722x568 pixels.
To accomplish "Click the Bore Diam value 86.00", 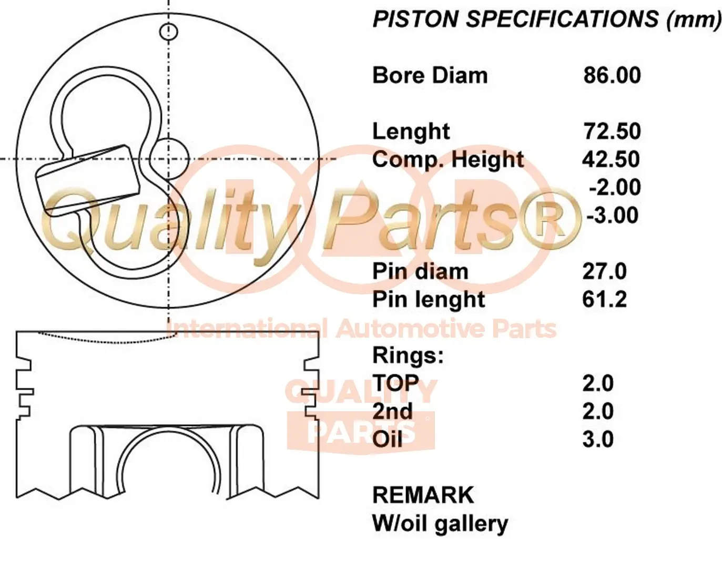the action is [612, 75].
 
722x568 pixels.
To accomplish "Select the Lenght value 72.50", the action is [612, 131].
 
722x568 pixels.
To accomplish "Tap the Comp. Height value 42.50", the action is [611, 159].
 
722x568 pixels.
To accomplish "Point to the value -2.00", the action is [615, 187].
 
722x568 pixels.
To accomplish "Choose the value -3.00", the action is [613, 215].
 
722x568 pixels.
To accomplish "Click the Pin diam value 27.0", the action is [604, 271].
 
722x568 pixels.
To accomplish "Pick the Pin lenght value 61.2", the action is [604, 299].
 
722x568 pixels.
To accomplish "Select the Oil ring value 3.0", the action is [598, 439].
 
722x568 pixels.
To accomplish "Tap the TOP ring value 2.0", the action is [598, 383].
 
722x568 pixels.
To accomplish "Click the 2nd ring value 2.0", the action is [598, 411].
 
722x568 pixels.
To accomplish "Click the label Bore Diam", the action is [430, 75].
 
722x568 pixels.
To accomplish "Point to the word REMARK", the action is [423, 495].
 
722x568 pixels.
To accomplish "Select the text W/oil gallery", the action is [440, 524].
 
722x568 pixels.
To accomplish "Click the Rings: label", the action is [408, 355].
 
